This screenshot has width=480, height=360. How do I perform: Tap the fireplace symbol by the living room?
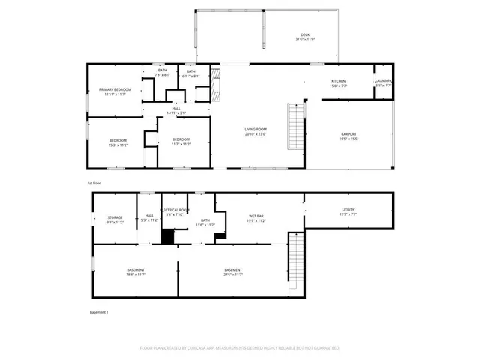coord(216,85)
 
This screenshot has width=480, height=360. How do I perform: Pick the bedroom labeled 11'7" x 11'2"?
coord(181,142)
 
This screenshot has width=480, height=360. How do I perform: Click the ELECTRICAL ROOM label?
coord(174,211)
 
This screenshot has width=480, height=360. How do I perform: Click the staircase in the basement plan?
coord(296,259)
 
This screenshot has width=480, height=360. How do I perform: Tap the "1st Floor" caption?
coord(94,182)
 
